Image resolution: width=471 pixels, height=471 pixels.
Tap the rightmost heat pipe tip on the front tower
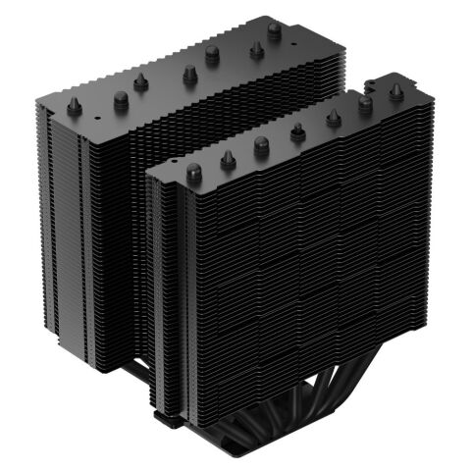[x=396, y=92]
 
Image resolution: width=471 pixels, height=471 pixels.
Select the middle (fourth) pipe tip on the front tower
[x=295, y=131]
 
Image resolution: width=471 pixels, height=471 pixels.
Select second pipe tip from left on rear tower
[x=122, y=96]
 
